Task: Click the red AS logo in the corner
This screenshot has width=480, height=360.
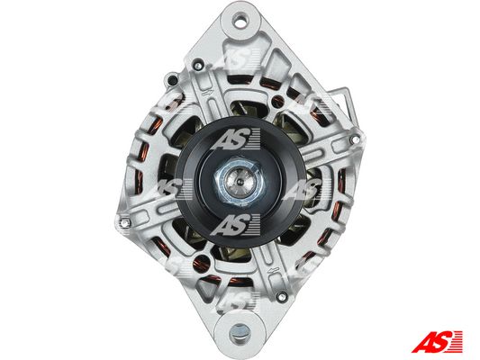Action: coord(437,341)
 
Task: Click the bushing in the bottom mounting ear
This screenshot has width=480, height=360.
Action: coord(239,333)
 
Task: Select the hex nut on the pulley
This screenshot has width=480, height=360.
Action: coord(240,181)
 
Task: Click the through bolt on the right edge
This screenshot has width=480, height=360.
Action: coord(356,139)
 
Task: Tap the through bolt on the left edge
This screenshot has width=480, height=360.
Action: coord(124,222)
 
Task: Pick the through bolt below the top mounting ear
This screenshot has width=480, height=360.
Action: coord(198,65)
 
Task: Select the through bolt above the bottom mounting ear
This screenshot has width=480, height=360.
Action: coord(281,296)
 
